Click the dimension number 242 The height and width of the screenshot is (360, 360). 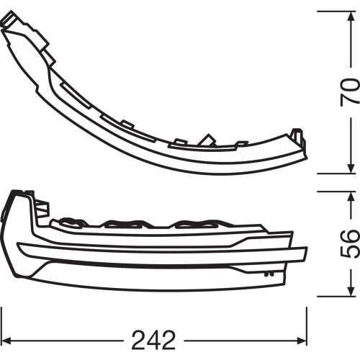click(153, 341)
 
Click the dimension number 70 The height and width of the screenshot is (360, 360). click(350, 92)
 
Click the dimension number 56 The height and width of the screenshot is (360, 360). click(350, 244)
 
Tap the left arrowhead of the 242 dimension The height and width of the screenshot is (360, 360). click(6, 341)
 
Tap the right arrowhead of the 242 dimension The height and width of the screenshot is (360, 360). click(302, 341)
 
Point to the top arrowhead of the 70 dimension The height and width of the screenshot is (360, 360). click(351, 16)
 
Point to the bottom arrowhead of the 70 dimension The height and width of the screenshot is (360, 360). click(351, 168)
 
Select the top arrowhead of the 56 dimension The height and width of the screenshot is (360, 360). click(351, 197)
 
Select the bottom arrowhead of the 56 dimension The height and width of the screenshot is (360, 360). click(351, 292)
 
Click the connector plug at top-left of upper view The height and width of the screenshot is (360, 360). click(9, 19)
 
